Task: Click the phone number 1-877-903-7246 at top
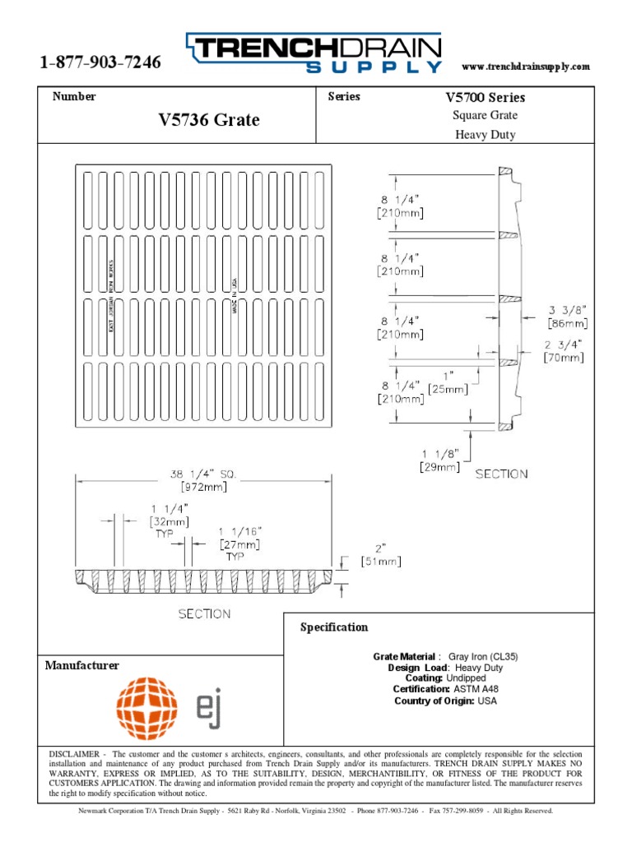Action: pyautogui.click(x=100, y=63)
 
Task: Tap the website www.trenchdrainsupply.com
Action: pyautogui.click(x=526, y=66)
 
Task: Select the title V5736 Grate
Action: pyautogui.click(x=208, y=120)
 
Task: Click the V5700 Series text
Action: pyautogui.click(x=485, y=97)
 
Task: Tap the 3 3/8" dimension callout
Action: pyautogui.click(x=567, y=310)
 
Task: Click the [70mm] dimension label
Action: pyautogui.click(x=564, y=358)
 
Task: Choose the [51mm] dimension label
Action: pyautogui.click(x=380, y=562)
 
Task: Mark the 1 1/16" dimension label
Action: pyautogui.click(x=239, y=532)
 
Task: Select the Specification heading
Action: pyautogui.click(x=333, y=627)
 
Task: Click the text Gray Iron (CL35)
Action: pyautogui.click(x=483, y=657)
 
